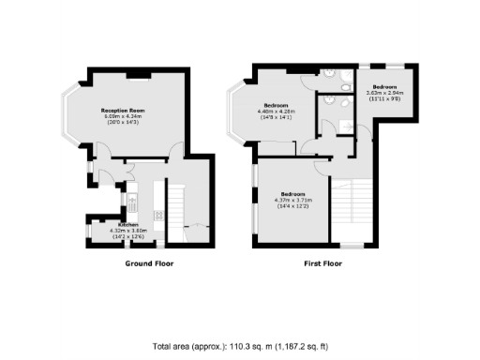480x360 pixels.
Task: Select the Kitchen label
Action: pos(128,225)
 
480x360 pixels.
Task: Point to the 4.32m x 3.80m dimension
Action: pos(128,231)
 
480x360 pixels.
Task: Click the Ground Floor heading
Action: pos(149,263)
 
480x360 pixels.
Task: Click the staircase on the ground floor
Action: pos(174,202)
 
